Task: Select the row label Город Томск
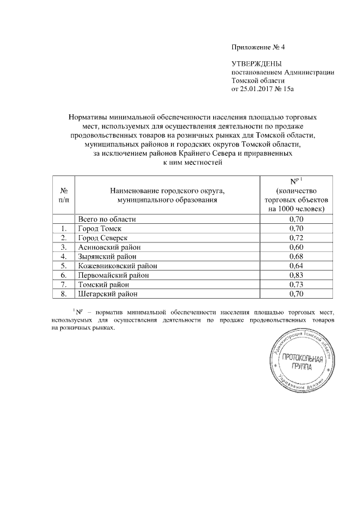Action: point(100,228)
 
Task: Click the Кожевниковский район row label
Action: point(118,265)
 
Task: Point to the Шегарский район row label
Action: point(107,294)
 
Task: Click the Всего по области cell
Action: point(107,219)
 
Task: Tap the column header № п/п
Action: point(64,195)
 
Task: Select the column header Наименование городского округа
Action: point(167,195)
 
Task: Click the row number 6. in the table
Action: point(64,275)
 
